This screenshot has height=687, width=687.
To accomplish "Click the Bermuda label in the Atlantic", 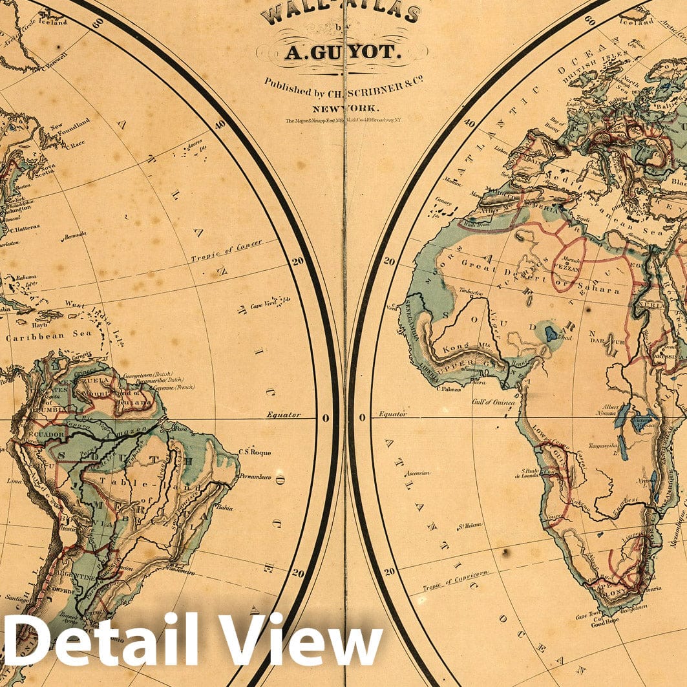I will point(74,237).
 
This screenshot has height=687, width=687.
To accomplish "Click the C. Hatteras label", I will point(25,227).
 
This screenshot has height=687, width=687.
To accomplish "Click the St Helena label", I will point(470,525).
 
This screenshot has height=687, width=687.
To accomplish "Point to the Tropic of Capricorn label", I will point(456,580).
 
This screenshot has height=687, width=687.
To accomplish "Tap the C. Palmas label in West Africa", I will point(447,388).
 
